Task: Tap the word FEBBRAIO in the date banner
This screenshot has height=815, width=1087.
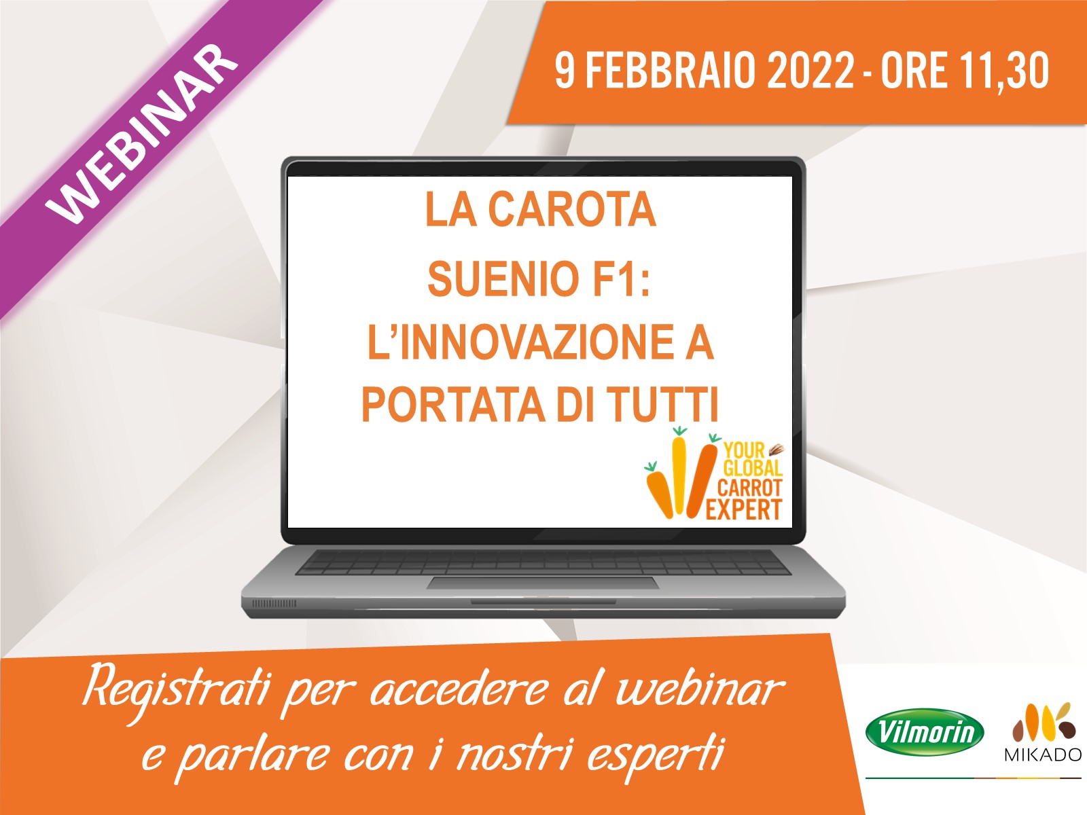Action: tap(670, 70)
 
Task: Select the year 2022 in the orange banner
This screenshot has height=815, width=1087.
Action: tap(810, 70)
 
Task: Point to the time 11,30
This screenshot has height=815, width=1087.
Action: tap(1005, 70)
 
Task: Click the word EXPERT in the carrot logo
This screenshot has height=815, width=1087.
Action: tap(744, 509)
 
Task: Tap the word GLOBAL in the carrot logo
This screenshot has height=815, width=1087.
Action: tap(752, 468)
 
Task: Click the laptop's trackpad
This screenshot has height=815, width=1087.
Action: tap(542, 583)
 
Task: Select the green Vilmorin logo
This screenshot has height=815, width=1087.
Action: tap(925, 733)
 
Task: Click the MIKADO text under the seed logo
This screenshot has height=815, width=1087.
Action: tap(1042, 755)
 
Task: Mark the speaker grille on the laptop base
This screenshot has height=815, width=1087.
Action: tap(274, 603)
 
